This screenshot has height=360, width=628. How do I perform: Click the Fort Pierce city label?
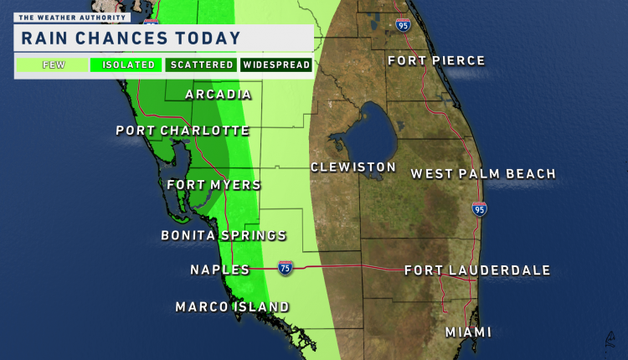435,60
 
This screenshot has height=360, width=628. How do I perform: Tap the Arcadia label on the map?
218,94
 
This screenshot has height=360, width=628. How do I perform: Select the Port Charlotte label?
183,131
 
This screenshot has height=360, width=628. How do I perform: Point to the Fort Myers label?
214,185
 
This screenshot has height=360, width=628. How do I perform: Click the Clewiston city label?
353,167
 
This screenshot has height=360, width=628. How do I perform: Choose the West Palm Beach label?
483,174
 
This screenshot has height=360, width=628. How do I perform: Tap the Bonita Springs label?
224,236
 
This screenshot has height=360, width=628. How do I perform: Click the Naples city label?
219,270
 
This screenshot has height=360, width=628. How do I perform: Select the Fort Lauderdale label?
477,270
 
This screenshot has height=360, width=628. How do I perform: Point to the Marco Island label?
232,307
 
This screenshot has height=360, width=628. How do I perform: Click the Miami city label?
468,332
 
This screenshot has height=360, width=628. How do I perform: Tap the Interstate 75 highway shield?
286,268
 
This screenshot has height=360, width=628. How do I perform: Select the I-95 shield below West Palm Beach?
479,209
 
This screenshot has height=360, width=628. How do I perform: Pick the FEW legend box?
51,64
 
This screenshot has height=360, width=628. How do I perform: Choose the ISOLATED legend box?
127,64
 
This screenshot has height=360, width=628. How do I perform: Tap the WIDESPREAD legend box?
276,64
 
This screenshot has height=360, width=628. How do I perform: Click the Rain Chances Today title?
131,38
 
